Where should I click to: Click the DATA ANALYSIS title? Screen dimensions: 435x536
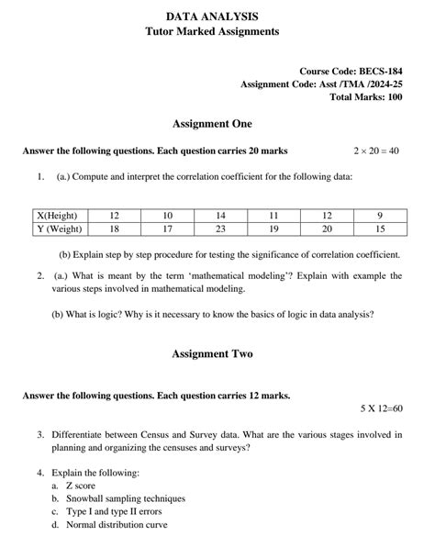pyautogui.click(x=212, y=17)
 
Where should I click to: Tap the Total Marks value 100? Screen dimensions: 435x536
pyautogui.click(x=393, y=96)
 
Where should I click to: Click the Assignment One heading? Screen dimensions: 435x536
pyautogui.click(x=212, y=124)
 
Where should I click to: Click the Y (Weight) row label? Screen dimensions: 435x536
pyautogui.click(x=53, y=229)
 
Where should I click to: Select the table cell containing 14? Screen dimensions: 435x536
pyautogui.click(x=220, y=214)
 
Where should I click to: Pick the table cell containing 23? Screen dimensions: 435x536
pyautogui.click(x=220, y=229)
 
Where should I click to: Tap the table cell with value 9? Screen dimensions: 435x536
pyautogui.click(x=380, y=214)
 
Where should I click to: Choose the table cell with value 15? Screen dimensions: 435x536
pyautogui.click(x=380, y=229)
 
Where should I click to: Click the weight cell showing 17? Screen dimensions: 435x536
pyautogui.click(x=168, y=229)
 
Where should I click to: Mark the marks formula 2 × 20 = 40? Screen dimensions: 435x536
pyautogui.click(x=376, y=151)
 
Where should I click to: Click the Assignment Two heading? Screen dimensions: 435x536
pyautogui.click(x=212, y=353)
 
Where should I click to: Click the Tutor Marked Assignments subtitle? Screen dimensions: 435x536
pyautogui.click(x=212, y=31)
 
